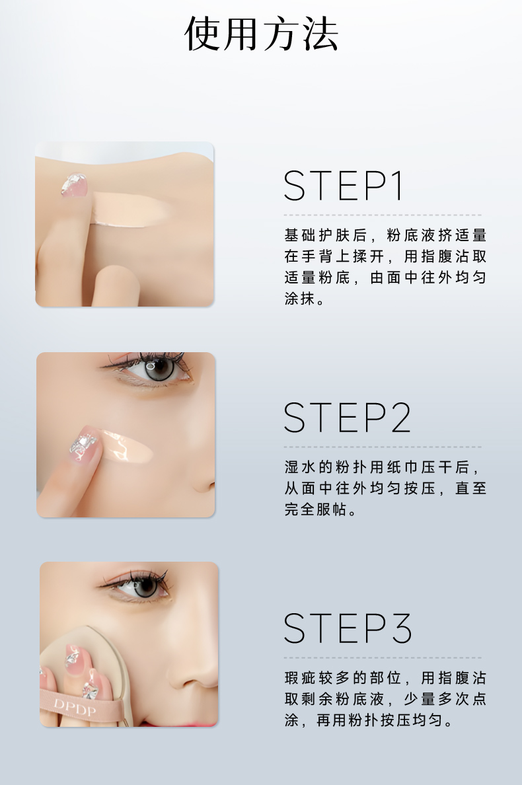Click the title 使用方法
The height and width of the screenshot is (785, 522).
click(261, 34)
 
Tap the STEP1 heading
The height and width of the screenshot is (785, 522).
click(344, 186)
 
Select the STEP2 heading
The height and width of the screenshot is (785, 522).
click(348, 418)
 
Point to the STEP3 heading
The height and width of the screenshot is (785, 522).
click(348, 628)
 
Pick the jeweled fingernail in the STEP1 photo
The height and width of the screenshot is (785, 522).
click(74, 185)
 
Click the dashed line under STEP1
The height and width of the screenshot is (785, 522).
click(383, 215)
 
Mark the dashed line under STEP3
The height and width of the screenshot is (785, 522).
click(383, 658)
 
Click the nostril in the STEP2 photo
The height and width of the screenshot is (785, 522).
click(209, 485)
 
